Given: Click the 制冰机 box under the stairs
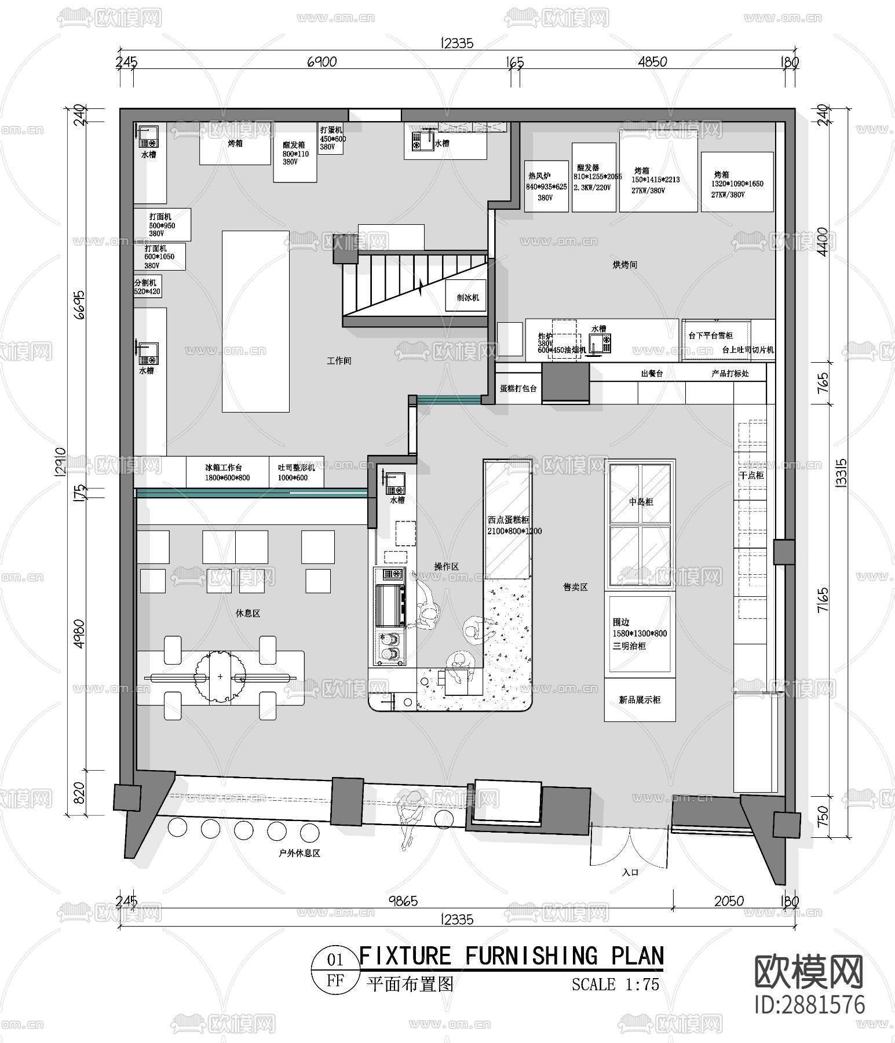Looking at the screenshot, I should pyautogui.click(x=466, y=297).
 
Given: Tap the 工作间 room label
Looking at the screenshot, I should pyautogui.click(x=339, y=360).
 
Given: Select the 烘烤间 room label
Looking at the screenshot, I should pyautogui.click(x=625, y=265).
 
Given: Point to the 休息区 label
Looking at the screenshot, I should pyautogui.click(x=248, y=613).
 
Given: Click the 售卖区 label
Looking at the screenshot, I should pyautogui.click(x=575, y=587).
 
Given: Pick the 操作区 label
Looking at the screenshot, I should pyautogui.click(x=446, y=566).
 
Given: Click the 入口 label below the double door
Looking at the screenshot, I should pyautogui.click(x=630, y=872).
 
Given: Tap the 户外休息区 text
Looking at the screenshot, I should pyautogui.click(x=299, y=853).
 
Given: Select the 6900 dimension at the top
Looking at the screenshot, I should pyautogui.click(x=322, y=61).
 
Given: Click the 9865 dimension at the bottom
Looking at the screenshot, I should pyautogui.click(x=403, y=901).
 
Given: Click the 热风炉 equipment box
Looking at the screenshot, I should pyautogui.click(x=546, y=186).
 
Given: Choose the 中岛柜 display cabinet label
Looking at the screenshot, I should pyautogui.click(x=641, y=502).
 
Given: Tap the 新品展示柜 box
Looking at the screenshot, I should pyautogui.click(x=640, y=700).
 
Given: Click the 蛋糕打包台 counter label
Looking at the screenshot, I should pyautogui.click(x=518, y=389).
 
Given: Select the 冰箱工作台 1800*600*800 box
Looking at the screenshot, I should pyautogui.click(x=227, y=472).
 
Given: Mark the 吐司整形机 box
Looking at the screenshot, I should pyautogui.click(x=296, y=472).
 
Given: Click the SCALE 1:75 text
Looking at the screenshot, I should pyautogui.click(x=615, y=984).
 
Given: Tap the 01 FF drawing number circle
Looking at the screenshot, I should pyautogui.click(x=335, y=970).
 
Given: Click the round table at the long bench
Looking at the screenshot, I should pyautogui.click(x=220, y=676).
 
